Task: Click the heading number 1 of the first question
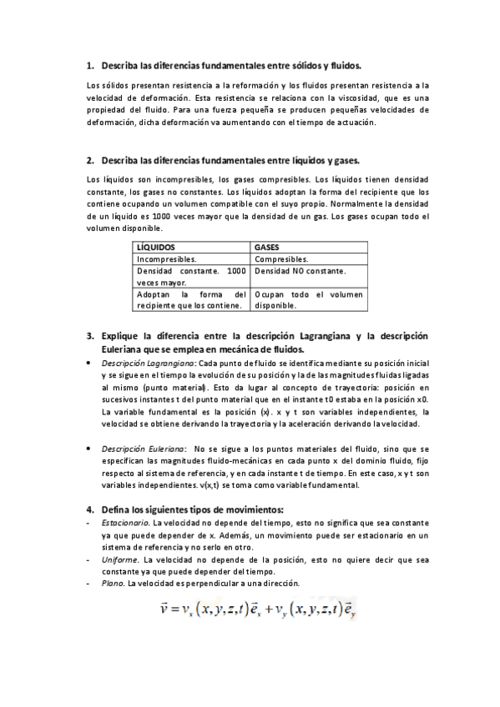[89, 64]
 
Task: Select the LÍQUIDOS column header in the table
[155, 248]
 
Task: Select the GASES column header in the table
[268, 248]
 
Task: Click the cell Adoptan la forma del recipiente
[191, 300]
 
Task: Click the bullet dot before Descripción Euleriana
[90, 449]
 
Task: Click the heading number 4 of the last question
[89, 509]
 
